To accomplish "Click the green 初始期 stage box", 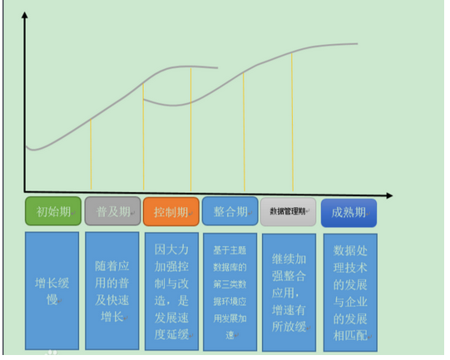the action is (x=53, y=211).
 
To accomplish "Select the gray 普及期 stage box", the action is (x=113, y=211).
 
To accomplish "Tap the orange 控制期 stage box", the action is (x=171, y=212).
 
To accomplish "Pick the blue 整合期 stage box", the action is (x=230, y=211).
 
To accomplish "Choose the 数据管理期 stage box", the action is (x=288, y=212).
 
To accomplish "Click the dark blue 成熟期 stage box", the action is (x=349, y=213).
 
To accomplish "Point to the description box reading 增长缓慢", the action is (x=52, y=291).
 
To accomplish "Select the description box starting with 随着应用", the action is (x=112, y=291).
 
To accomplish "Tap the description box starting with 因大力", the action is (x=171, y=292).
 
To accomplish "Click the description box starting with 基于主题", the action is (x=230, y=292).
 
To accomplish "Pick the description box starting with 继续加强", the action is (x=289, y=293).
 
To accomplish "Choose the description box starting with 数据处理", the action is (x=350, y=293).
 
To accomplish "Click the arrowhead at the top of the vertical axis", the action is (x=25, y=14).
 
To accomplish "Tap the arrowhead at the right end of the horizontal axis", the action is (x=390, y=195).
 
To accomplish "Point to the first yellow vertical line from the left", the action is (x=91, y=154).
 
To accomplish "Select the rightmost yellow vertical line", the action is (x=292, y=122).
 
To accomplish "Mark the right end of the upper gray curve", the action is (x=358, y=44).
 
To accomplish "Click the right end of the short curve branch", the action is (x=217, y=68).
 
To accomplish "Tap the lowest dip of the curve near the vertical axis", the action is (x=34, y=150).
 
